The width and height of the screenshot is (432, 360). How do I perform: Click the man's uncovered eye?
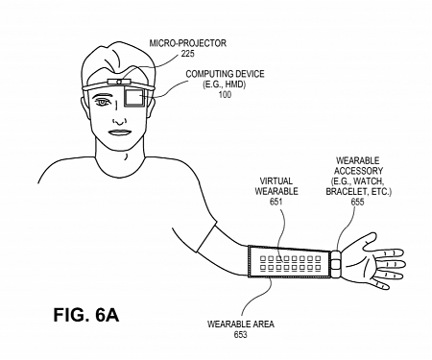coord(104,103)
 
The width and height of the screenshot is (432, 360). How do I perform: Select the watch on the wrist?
coord(337,259)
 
